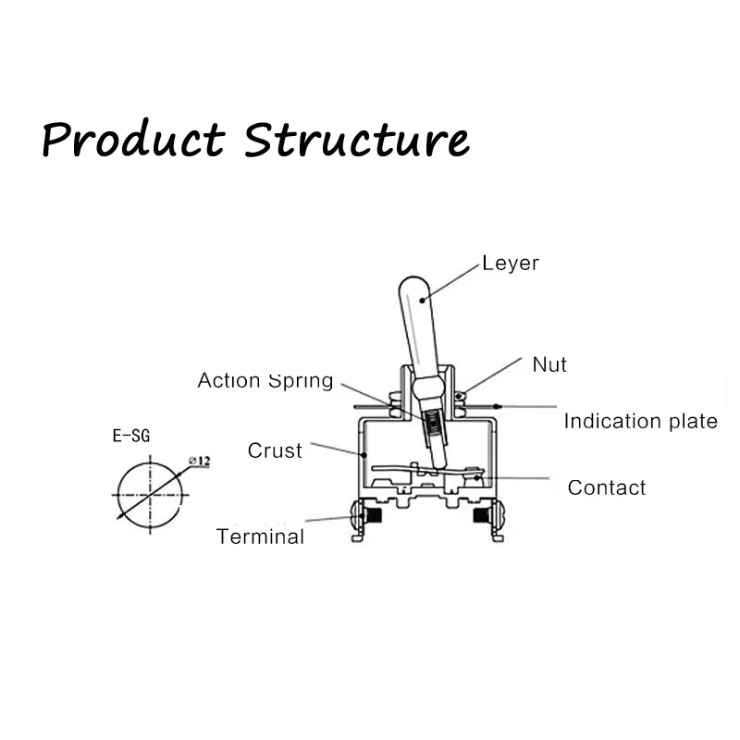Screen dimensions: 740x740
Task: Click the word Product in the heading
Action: click(133, 139)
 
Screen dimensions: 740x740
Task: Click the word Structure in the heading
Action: click(356, 139)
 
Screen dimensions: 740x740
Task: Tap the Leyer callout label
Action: click(511, 264)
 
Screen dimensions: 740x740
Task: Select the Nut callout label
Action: click(549, 364)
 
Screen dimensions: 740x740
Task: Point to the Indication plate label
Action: click(640, 422)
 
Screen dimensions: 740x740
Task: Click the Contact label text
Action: click(607, 487)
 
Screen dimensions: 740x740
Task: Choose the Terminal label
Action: click(260, 536)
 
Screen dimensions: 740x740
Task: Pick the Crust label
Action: click(275, 450)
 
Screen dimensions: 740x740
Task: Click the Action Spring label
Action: click(265, 380)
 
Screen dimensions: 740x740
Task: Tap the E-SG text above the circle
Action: click(131, 436)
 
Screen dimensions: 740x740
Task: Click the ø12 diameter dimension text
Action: click(199, 461)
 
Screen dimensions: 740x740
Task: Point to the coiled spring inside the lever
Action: click(432, 424)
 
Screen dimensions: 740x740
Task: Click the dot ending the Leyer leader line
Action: click(422, 300)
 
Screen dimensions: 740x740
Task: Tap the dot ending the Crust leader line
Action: click(364, 455)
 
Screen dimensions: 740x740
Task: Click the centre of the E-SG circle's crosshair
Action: click(150, 495)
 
